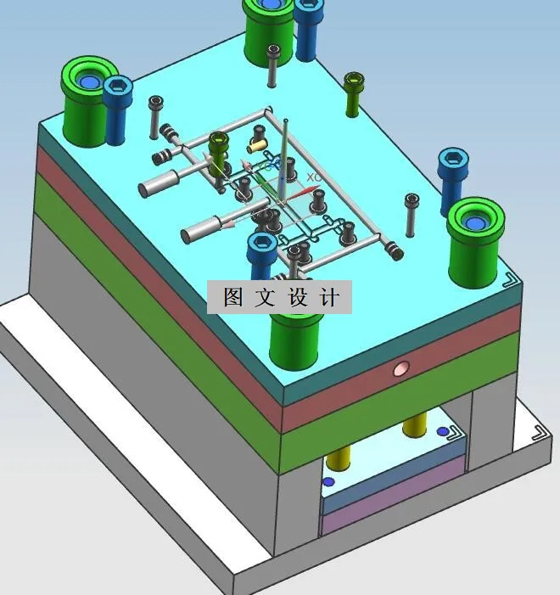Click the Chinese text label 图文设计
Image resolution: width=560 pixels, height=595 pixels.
(x=280, y=298)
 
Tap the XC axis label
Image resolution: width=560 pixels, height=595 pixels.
(x=313, y=177)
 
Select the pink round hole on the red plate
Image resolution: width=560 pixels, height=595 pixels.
(x=401, y=368)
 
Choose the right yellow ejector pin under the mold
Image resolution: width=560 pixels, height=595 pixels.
(x=414, y=424)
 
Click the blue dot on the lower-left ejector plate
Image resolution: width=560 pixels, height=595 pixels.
(x=329, y=482)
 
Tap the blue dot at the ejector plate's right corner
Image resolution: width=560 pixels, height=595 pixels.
(x=443, y=432)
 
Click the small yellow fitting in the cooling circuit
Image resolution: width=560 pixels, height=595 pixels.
(x=258, y=134)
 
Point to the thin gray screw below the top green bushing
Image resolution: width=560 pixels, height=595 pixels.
(x=272, y=66)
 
